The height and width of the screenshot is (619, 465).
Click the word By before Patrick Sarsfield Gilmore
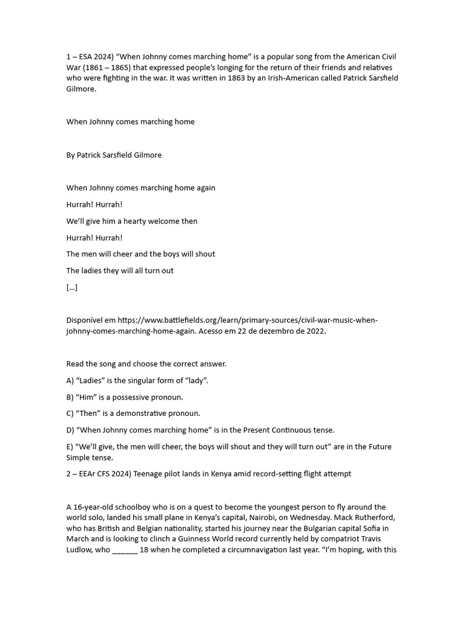coord(71,155)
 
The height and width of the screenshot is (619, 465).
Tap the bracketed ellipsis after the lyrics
coord(72,287)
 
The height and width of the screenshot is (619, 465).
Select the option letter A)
coord(71,381)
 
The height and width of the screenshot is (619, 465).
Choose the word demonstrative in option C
coord(144,413)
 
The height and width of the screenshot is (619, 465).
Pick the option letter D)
coord(71,430)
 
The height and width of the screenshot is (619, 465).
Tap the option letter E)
coord(70,447)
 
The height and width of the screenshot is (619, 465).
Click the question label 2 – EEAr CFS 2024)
coord(107,474)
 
